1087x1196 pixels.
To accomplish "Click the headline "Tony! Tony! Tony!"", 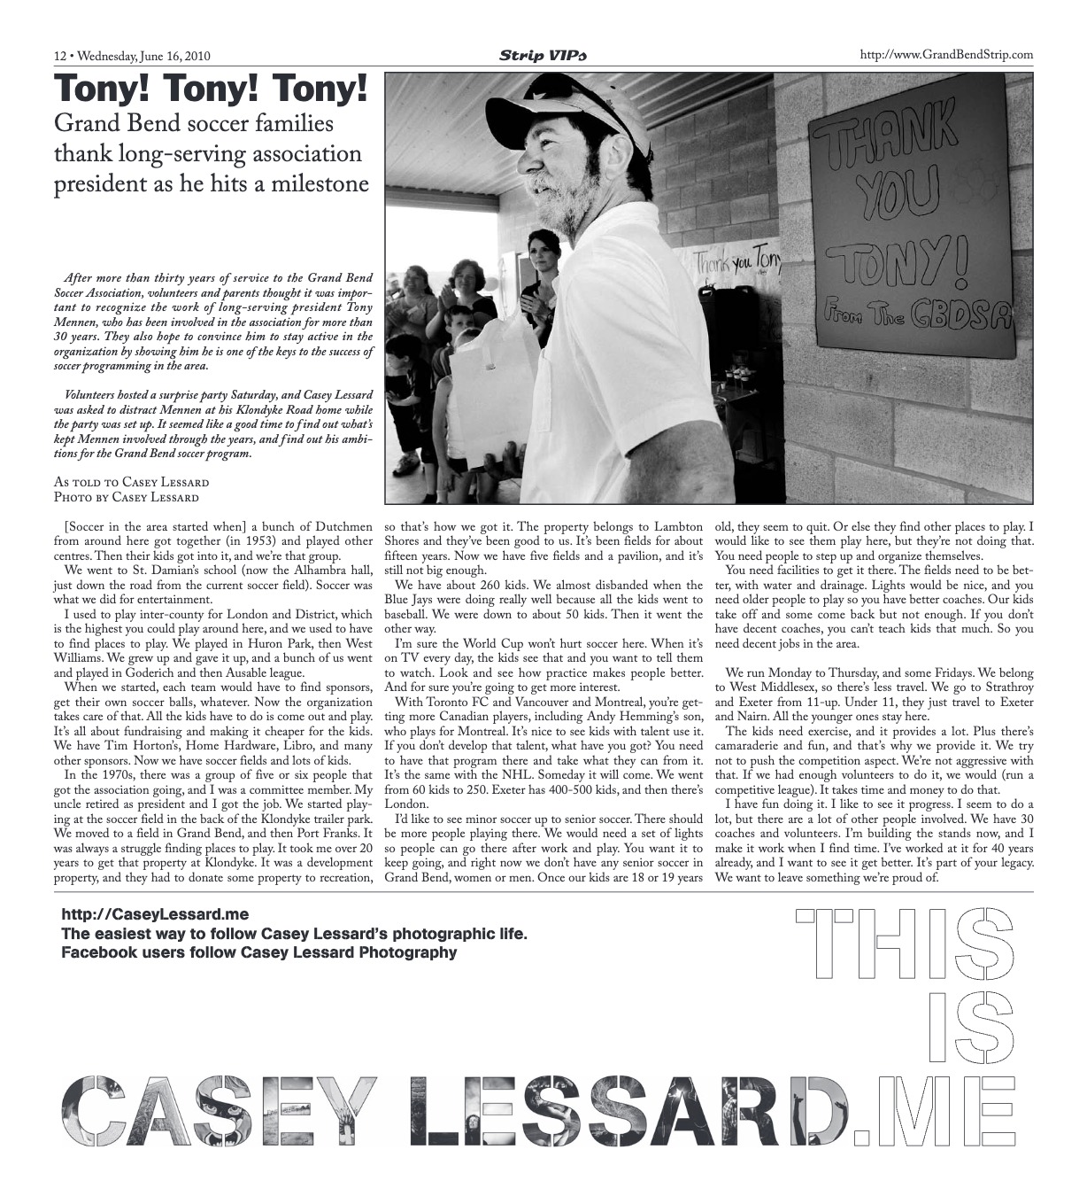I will pyautogui.click(x=211, y=89).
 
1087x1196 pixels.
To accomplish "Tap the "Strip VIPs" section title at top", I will pyautogui.click(x=543, y=56).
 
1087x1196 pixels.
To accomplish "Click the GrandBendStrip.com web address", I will pyautogui.click(x=946, y=55).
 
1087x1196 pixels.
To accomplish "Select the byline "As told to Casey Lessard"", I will pyautogui.click(x=131, y=482).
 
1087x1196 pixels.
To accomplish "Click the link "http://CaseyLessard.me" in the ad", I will pyautogui.click(x=155, y=914).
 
